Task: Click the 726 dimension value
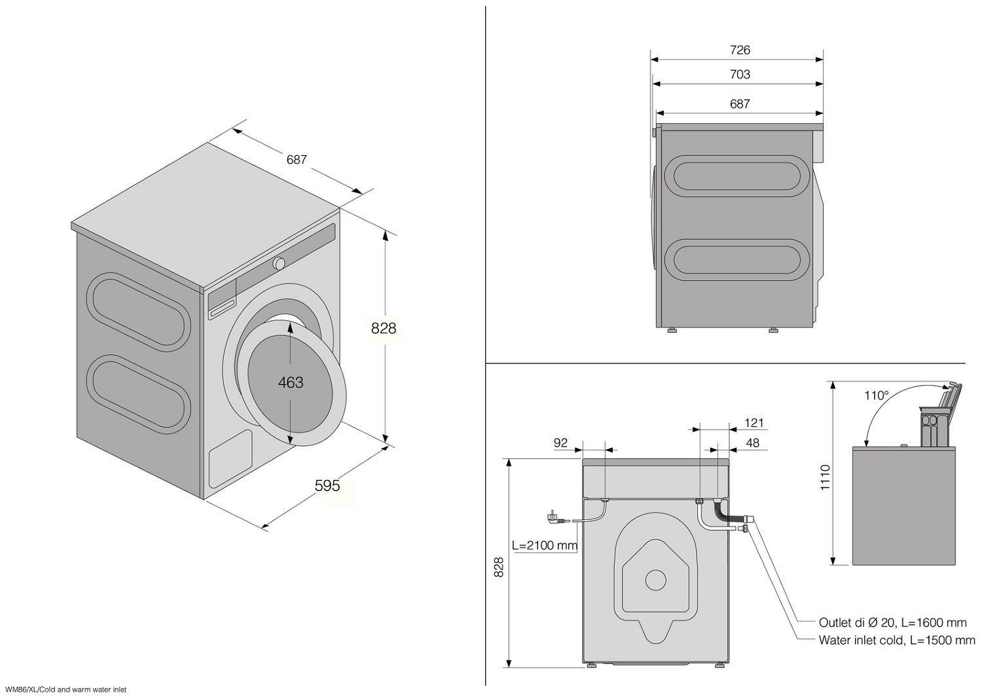(x=740, y=50)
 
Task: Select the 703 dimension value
(x=740, y=75)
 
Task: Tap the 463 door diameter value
(x=291, y=382)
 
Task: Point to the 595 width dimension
(x=327, y=485)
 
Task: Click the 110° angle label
(x=876, y=395)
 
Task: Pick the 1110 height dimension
(x=825, y=477)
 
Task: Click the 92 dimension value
(x=560, y=443)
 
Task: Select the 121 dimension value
(x=754, y=423)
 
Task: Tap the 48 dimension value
(x=753, y=443)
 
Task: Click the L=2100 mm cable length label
(x=545, y=545)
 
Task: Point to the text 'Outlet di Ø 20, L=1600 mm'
(x=892, y=623)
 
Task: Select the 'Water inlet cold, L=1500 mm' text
(x=896, y=640)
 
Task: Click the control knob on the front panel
(x=280, y=263)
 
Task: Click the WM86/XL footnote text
(x=65, y=689)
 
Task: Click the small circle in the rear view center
(x=655, y=579)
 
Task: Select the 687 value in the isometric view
(x=297, y=159)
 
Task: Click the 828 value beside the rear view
(x=499, y=566)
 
